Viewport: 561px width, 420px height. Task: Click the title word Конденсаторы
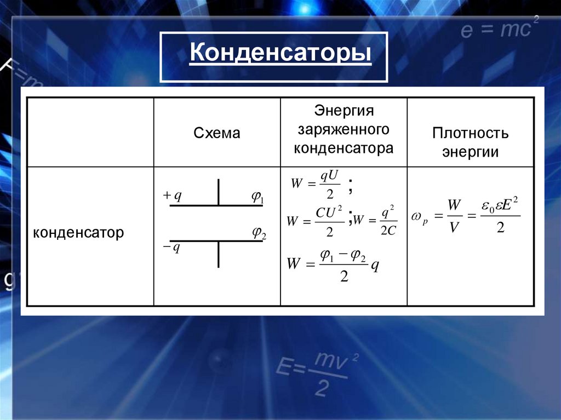click(280, 55)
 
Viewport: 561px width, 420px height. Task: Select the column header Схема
click(217, 133)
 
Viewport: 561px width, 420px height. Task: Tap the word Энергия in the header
click(344, 111)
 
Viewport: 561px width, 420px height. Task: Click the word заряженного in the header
click(344, 130)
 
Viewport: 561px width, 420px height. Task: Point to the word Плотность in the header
click(470, 133)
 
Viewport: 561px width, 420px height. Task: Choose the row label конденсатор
click(78, 233)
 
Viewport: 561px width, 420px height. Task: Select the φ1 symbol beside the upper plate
click(257, 198)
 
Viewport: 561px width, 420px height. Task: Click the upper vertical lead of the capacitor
click(219, 191)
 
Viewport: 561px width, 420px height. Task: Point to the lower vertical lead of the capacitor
click(219, 255)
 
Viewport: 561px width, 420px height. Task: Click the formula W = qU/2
click(316, 185)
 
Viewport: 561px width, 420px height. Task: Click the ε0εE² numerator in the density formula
click(500, 206)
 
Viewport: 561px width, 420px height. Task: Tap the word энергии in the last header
click(470, 152)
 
